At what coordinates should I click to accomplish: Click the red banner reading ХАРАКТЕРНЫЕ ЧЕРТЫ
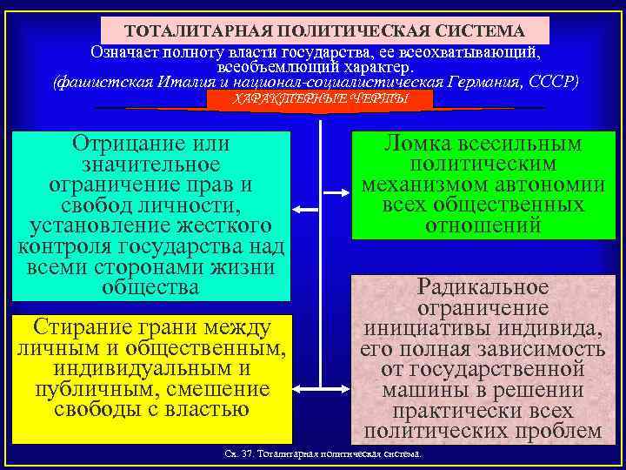[321, 99]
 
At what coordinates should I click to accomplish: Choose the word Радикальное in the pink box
[483, 286]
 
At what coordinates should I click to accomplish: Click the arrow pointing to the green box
[334, 189]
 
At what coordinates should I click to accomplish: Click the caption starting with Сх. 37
[323, 455]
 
